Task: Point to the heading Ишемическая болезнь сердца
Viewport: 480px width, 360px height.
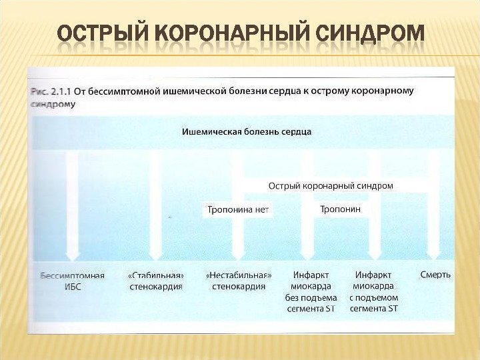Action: (x=247, y=131)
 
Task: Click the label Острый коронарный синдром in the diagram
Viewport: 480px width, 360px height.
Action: (x=330, y=185)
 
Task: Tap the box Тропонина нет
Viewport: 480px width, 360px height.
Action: (x=238, y=209)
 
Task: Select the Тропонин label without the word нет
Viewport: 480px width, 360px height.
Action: (x=340, y=209)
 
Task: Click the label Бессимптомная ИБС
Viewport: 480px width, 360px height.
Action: (x=72, y=281)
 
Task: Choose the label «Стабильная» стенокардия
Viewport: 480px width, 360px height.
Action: (x=155, y=281)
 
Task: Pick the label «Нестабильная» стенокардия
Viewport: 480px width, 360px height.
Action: (x=239, y=281)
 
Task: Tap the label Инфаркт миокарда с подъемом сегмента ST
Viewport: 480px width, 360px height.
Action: (x=373, y=291)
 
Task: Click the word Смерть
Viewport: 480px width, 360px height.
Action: (x=435, y=274)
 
